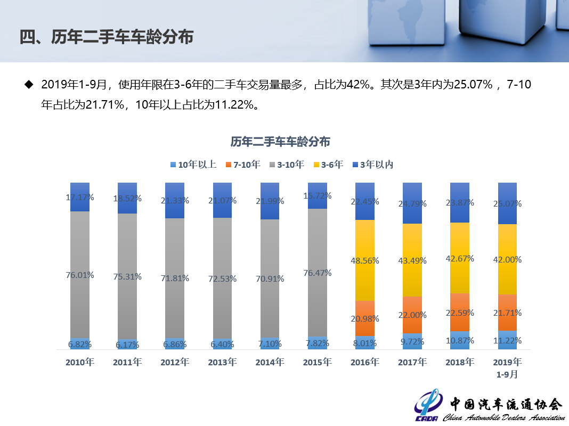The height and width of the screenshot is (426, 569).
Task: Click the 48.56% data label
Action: coord(364,260)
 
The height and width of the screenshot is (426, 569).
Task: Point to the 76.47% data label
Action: coord(317,273)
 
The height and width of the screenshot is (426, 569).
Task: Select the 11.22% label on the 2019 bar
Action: coord(507,340)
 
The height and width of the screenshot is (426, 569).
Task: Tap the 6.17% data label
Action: coord(127,345)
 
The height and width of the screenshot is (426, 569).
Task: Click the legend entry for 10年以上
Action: coord(193,165)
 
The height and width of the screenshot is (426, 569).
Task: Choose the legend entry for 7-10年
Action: coord(242,165)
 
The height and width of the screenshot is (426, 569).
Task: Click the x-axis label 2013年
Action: coord(222,362)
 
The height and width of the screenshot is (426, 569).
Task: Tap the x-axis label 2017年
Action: coord(412,362)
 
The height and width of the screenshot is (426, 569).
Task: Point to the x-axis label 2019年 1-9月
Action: coord(507,367)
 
